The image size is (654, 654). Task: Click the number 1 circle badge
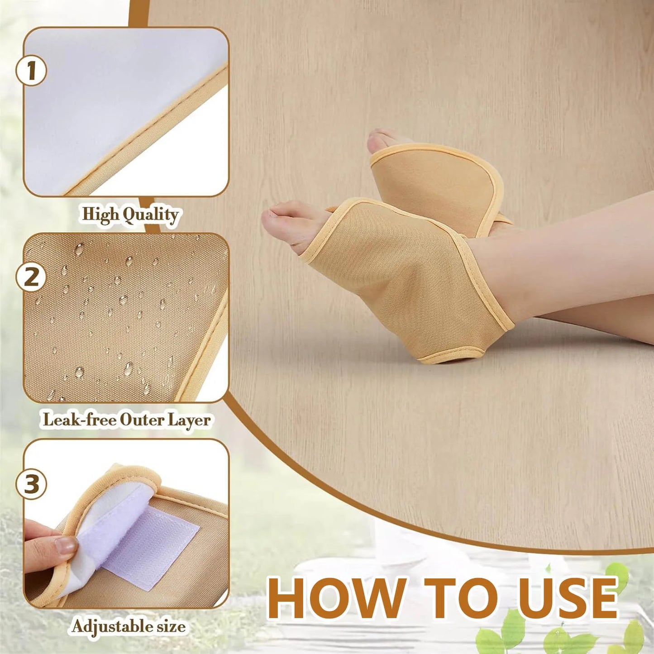tap(31, 71)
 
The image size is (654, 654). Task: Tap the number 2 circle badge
tap(31, 277)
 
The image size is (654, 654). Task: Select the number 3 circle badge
tap(31, 484)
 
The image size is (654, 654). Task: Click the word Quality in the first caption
tap(151, 215)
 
